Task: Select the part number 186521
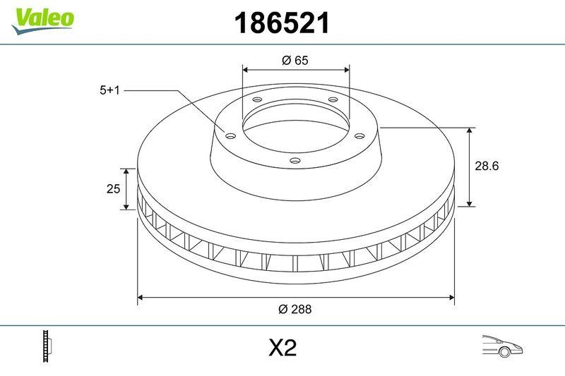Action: (x=282, y=24)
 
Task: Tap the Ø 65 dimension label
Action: (x=295, y=61)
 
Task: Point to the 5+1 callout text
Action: (x=111, y=90)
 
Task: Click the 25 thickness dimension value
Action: (x=111, y=189)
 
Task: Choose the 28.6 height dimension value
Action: (x=487, y=166)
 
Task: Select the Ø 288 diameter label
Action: (x=295, y=309)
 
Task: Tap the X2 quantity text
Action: (x=282, y=348)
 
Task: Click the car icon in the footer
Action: (x=501, y=347)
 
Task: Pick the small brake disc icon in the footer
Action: (x=48, y=347)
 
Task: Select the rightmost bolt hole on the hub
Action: (x=359, y=135)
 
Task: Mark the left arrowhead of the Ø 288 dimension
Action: (x=141, y=298)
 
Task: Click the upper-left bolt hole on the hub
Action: (x=256, y=100)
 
